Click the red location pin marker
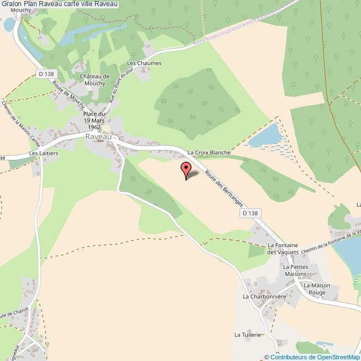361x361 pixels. (x=185, y=169)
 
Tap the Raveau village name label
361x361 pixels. (x=99, y=137)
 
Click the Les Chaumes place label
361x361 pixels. (x=144, y=63)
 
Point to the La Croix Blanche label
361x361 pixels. (x=208, y=152)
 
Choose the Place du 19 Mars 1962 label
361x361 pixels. (x=94, y=121)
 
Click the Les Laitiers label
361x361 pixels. (x=43, y=153)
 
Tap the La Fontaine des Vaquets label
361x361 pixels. (x=283, y=248)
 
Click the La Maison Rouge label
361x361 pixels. (x=317, y=289)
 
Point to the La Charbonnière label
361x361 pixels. (x=264, y=297)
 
